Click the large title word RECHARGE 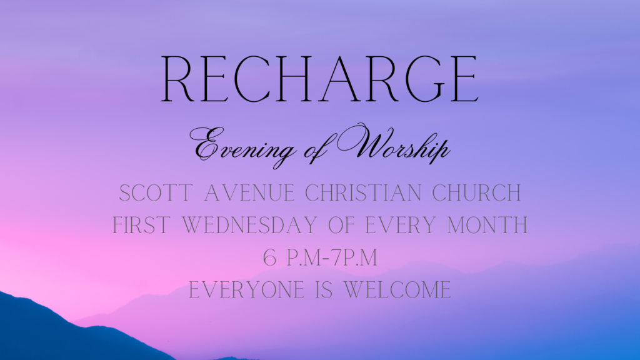pyautogui.click(x=319, y=79)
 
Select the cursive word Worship pyautogui.click(x=394, y=143)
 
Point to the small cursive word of pyautogui.click(x=316, y=149)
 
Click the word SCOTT pyautogui.click(x=156, y=192)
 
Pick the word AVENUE pyautogui.click(x=249, y=192)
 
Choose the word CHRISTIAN pyautogui.click(x=363, y=192)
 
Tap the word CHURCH pyautogui.click(x=476, y=192)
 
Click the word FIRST pyautogui.click(x=142, y=225)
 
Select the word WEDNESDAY pyautogui.click(x=249, y=225)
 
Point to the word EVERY pyautogui.click(x=400, y=225)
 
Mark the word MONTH pyautogui.click(x=487, y=225)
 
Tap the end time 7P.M pyautogui.click(x=354, y=257)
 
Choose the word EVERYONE pyautogui.click(x=246, y=290)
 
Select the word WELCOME pyautogui.click(x=397, y=290)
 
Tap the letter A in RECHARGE pyautogui.click(x=340, y=79)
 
